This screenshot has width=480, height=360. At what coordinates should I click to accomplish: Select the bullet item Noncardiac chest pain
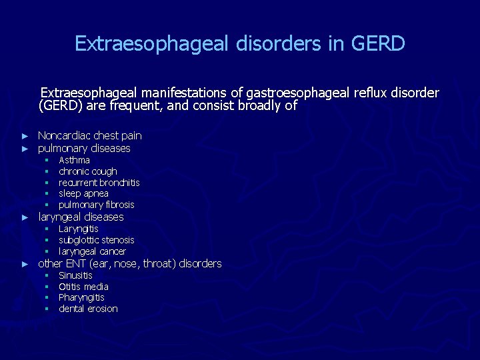pyautogui.click(x=90, y=135)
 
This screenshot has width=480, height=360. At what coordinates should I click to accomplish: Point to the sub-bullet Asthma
pyautogui.click(x=74, y=160)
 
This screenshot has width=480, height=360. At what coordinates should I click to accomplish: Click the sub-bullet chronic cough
pyautogui.click(x=87, y=171)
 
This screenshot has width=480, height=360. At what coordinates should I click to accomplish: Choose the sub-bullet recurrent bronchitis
pyautogui.click(x=99, y=183)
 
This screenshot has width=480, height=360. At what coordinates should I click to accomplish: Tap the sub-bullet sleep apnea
pyautogui.click(x=83, y=193)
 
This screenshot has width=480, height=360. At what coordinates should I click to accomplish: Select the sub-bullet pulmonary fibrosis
pyautogui.click(x=96, y=205)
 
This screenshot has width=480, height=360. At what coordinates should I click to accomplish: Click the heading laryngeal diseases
pyautogui.click(x=81, y=217)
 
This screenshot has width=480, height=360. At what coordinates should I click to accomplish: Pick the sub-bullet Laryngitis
pyautogui.click(x=78, y=229)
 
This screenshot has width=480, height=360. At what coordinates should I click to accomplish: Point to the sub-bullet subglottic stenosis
pyautogui.click(x=96, y=240)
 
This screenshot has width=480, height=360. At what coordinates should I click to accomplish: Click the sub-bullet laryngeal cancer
pyautogui.click(x=92, y=251)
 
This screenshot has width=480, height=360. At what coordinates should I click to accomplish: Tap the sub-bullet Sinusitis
pyautogui.click(x=75, y=275)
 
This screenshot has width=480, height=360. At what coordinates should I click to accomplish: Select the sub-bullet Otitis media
pyautogui.click(x=83, y=287)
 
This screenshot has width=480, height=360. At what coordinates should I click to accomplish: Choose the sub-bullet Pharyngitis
pyautogui.click(x=81, y=297)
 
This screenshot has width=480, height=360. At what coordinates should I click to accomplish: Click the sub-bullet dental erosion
pyautogui.click(x=88, y=309)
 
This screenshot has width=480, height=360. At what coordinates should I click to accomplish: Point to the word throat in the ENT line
pyautogui.click(x=157, y=264)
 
